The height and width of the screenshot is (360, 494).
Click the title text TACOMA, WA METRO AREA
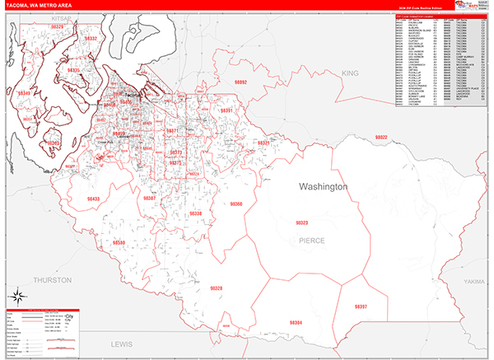click(39, 7)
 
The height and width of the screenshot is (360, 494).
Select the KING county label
click(352, 73)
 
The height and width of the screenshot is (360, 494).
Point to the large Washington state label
click(324, 187)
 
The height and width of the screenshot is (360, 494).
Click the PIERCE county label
click(312, 240)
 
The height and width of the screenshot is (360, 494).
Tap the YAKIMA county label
click(474, 281)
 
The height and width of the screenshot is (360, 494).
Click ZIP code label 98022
click(380, 138)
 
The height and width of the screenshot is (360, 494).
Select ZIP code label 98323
click(302, 223)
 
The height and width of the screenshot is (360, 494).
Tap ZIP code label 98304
click(296, 322)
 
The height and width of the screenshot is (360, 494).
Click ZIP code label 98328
click(216, 288)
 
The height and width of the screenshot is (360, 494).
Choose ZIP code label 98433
click(93, 199)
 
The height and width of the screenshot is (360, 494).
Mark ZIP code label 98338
click(196, 213)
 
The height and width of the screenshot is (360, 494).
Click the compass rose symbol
click(16, 294)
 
